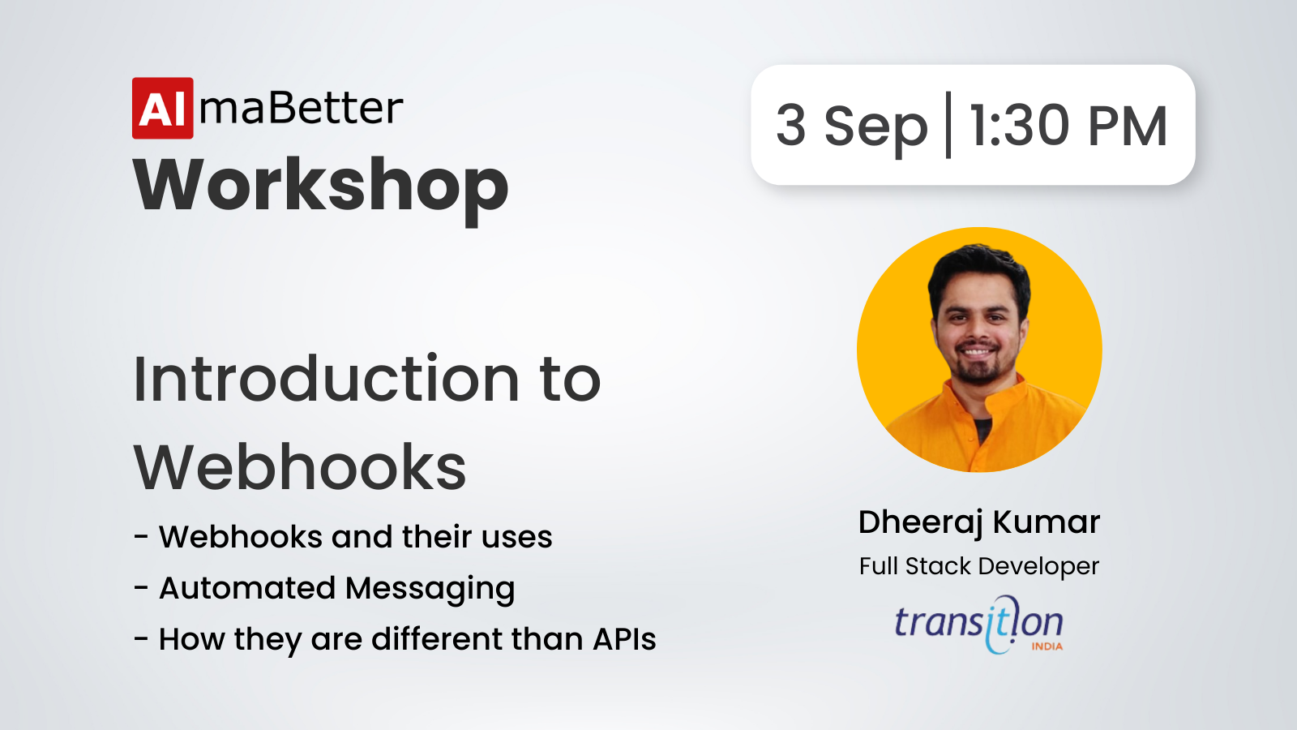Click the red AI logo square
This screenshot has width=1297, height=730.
click(163, 109)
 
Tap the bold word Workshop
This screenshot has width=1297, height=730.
click(321, 189)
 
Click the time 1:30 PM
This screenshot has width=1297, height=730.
click(1068, 126)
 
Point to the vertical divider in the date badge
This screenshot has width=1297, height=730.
click(948, 125)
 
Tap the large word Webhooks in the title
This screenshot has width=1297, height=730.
click(300, 467)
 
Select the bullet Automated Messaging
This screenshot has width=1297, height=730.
click(337, 589)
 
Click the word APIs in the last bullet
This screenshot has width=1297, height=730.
click(624, 639)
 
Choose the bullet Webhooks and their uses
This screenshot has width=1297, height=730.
click(356, 536)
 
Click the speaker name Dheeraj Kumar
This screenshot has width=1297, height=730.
click(979, 522)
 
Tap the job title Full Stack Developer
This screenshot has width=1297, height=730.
click(979, 567)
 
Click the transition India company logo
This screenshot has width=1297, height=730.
click(979, 625)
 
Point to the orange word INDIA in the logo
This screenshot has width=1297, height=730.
click(1047, 646)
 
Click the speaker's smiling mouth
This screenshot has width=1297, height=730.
click(976, 351)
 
